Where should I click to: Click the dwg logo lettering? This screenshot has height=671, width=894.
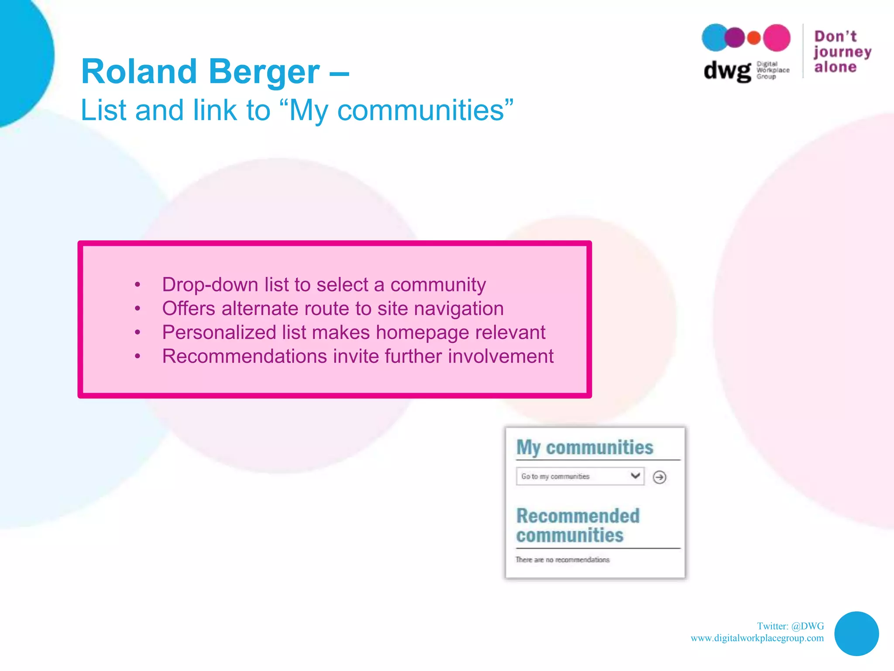tap(727, 71)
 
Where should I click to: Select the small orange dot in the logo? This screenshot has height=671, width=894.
tap(754, 38)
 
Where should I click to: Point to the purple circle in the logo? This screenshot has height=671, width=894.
tap(735, 38)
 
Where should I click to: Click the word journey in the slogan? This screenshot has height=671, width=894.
tap(842, 52)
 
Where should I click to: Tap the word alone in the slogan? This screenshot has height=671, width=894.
tap(835, 67)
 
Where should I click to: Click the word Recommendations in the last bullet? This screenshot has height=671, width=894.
tap(244, 356)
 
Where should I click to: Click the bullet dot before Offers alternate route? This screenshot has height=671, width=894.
tap(138, 309)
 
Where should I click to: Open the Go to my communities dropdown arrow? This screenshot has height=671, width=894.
tap(636, 476)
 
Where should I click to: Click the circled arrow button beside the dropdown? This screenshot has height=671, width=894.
tap(659, 477)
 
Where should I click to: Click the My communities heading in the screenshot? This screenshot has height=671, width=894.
tap(585, 447)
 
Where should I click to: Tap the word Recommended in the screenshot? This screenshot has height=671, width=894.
tap(578, 516)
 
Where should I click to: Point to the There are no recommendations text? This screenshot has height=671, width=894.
tap(562, 560)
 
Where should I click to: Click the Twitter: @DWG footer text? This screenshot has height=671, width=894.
tap(790, 626)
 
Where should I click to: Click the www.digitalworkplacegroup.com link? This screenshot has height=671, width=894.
tap(757, 638)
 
